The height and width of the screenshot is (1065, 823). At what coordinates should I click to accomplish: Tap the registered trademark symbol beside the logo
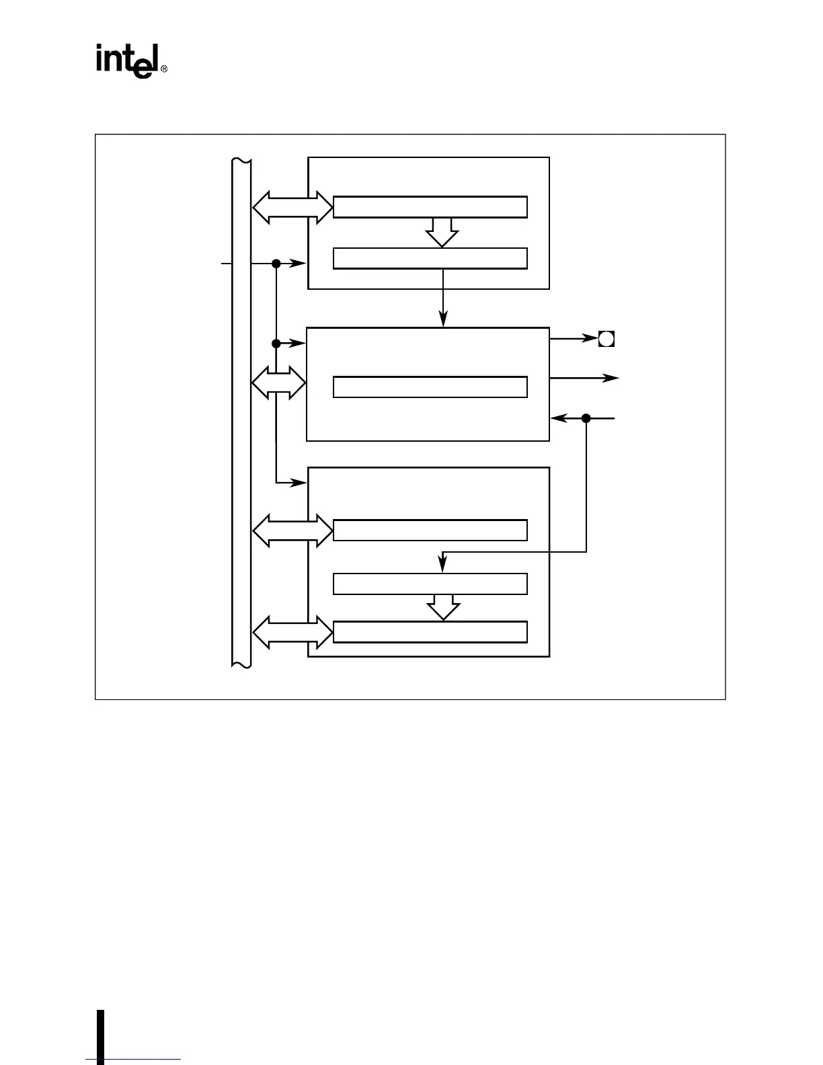pos(163,69)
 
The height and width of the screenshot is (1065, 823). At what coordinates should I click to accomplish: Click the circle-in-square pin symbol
pos(606,339)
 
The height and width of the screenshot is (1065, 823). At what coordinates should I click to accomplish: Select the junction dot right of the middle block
pos(586,418)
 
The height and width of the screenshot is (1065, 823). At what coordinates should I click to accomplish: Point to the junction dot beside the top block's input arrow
pos(276,264)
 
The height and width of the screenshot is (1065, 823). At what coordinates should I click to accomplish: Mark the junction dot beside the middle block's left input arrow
pos(276,344)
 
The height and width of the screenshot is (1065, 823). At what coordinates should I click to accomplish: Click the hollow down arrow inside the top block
pos(442,232)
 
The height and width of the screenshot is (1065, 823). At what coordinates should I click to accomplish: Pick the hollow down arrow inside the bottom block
pos(443,606)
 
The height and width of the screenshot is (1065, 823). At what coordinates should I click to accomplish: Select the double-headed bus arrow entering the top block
pos(292,207)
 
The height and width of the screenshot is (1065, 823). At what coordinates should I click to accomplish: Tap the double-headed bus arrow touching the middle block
pos(278,383)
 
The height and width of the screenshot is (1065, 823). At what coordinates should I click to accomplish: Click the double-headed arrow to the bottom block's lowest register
pos(292,633)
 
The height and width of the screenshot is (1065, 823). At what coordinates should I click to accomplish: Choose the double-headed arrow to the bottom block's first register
pos(292,531)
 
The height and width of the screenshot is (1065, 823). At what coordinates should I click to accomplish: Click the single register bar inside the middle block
pos(430,387)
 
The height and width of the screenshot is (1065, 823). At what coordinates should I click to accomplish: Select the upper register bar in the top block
pos(430,207)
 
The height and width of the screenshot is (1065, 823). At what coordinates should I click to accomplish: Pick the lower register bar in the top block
pos(430,258)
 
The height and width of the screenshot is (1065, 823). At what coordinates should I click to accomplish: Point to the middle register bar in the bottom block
pos(430,584)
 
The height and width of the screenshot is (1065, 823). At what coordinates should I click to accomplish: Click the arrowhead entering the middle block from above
pos(443,321)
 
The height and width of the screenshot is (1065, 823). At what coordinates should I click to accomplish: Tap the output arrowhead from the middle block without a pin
pos(611,379)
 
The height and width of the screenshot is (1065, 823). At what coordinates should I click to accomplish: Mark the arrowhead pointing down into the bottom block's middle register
pos(442,566)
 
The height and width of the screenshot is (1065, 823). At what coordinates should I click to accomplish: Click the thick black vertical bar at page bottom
pos(100,1036)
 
